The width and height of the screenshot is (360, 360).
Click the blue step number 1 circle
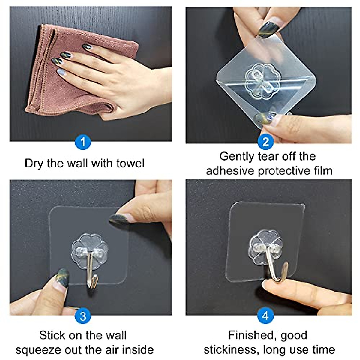[x=83, y=142]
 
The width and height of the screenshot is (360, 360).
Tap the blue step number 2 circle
[x=265, y=142]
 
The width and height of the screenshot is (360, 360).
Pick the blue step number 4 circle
[x=265, y=316]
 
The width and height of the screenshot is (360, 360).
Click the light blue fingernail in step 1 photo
[x=61, y=72]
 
